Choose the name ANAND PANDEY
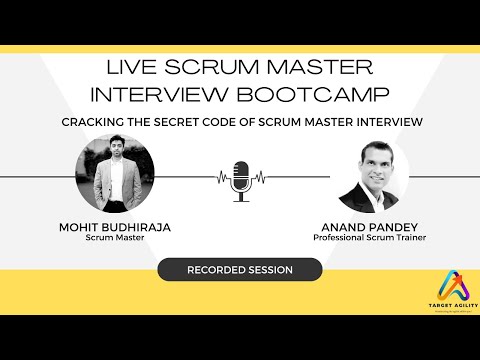(370, 227)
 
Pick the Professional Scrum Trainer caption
(370, 238)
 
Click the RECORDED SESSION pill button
(240, 270)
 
